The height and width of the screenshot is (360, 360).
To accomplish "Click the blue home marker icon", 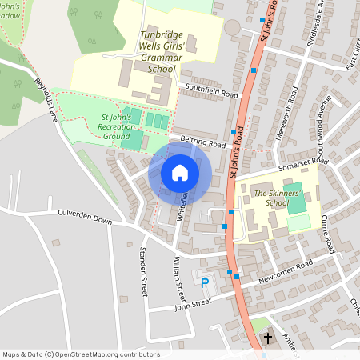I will [180, 172].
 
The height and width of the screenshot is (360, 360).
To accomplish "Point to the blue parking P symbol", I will [205, 282].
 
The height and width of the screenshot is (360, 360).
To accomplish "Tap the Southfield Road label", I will [211, 94].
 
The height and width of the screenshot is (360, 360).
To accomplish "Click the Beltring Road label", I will [203, 142].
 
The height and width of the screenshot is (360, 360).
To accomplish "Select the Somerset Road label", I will [303, 163].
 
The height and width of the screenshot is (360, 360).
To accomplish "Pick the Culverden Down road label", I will [85, 216].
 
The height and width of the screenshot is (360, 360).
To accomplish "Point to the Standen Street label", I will [144, 274].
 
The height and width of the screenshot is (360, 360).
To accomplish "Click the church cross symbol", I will [268, 338].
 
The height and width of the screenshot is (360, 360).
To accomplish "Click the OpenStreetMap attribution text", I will [81, 354].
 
